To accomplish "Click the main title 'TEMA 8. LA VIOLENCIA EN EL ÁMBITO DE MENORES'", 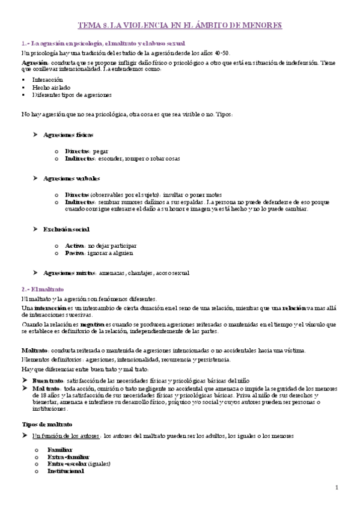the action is pyautogui.click(x=180, y=26).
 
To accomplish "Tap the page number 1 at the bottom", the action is pyautogui.click(x=337, y=487).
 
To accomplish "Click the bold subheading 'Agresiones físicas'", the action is pyautogui.click(x=69, y=135).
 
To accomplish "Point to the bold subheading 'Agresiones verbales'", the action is pyautogui.click(x=72, y=179).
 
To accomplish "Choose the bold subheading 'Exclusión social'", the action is pyautogui.click(x=66, y=229).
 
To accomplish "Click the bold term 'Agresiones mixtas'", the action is pyautogui.click(x=69, y=273).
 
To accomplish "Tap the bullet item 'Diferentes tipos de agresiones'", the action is pyautogui.click(x=72, y=95).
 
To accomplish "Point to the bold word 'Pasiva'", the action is pyautogui.click(x=75, y=253).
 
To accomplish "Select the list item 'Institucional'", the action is pyautogui.click(x=66, y=472).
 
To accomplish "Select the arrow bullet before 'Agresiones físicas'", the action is pyautogui.click(x=35, y=135).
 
